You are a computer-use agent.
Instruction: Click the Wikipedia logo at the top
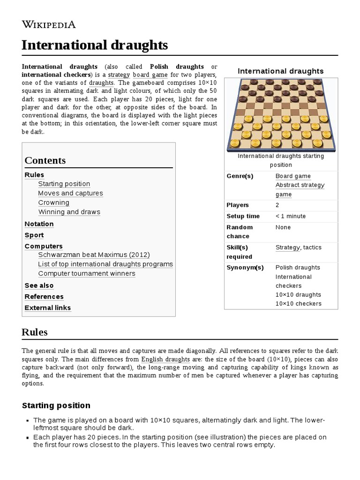[49, 24]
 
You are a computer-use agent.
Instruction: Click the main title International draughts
[95, 45]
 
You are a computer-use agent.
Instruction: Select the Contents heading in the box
[45, 160]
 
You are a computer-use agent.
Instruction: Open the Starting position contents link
[64, 184]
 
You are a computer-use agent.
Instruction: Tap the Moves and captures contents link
[70, 193]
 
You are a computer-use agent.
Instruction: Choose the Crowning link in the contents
[53, 202]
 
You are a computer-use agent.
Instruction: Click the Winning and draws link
[69, 212]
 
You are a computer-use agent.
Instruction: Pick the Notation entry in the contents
[39, 224]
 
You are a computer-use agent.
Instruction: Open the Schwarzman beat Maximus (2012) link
[94, 255]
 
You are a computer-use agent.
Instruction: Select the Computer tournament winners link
[87, 273]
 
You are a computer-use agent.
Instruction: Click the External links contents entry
[48, 308]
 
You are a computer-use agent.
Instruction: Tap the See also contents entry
[39, 285]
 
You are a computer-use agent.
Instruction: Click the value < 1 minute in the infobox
[290, 216]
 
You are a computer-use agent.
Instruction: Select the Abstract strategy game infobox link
[300, 189]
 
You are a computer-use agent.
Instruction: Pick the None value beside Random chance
[283, 227]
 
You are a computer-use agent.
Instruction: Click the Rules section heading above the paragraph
[35, 332]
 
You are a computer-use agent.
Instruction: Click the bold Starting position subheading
[56, 405]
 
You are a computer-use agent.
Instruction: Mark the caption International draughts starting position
[281, 160]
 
